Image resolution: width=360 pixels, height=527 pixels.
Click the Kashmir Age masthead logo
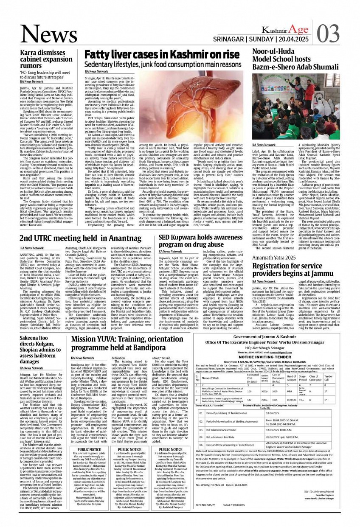[284, 29]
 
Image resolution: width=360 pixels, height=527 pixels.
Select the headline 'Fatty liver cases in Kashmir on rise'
[162, 55]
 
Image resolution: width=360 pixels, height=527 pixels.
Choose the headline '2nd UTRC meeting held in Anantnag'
[80, 238]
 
